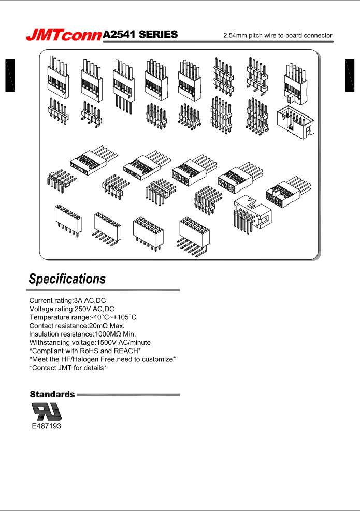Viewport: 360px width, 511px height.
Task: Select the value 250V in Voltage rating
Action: [85, 309]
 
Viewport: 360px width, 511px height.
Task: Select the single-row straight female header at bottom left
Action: [67, 221]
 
